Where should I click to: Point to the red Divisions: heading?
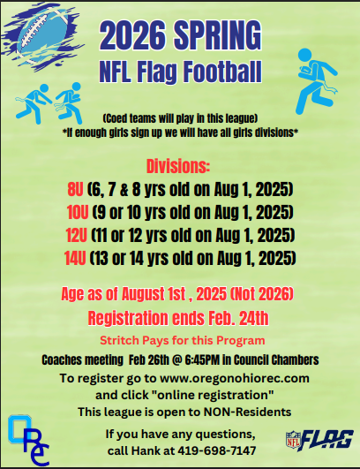(179, 166)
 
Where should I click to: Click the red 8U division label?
(77, 190)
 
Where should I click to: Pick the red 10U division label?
(78, 213)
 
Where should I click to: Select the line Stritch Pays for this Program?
(180, 340)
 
